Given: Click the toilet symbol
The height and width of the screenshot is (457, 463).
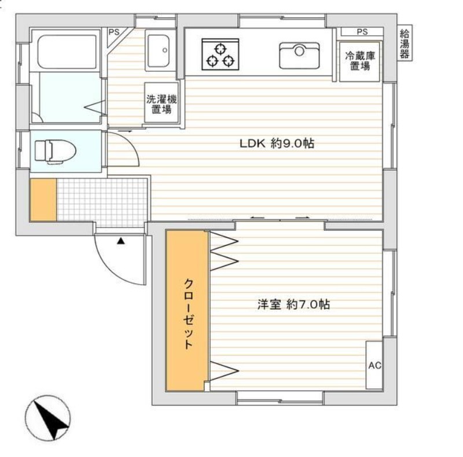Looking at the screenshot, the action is (55, 152).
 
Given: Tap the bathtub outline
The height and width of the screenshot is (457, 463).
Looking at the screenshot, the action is (67, 51).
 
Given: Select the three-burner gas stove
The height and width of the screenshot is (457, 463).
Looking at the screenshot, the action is (221, 54).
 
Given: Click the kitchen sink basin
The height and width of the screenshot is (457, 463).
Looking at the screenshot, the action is (299, 56).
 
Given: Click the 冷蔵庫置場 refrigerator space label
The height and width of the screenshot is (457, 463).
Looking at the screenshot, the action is (360, 61).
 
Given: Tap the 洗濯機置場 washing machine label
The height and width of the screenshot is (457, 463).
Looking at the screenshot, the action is (161, 104).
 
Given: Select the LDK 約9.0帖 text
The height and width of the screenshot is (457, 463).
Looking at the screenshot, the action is (277, 143).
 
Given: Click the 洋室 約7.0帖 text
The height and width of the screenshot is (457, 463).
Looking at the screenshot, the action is (293, 304).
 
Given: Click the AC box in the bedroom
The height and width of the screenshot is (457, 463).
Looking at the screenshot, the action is (374, 365).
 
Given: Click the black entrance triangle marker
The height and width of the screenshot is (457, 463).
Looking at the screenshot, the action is (121, 241).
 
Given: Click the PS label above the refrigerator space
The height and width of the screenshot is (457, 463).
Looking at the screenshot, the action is (362, 32).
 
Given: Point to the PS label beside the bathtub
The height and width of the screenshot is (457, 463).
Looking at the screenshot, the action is (114, 32).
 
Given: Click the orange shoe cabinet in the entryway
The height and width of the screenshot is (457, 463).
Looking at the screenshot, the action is (43, 199).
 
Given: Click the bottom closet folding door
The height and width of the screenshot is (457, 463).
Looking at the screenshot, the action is (224, 371).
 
